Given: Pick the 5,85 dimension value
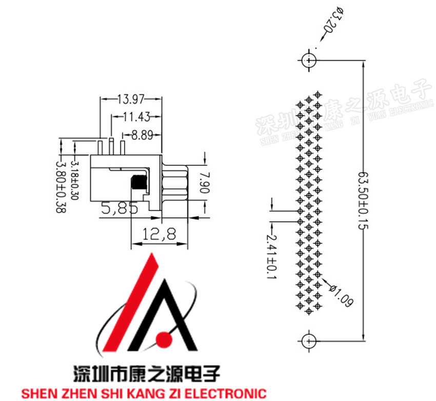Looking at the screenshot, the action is coord(120,208).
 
